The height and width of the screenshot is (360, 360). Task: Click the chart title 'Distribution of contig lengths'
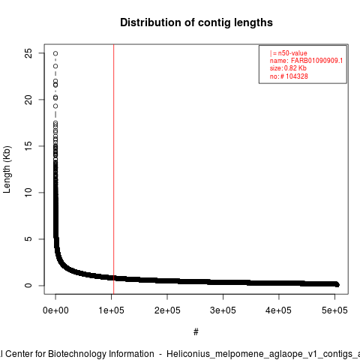point(196,22)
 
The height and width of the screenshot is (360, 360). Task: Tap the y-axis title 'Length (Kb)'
point(7,169)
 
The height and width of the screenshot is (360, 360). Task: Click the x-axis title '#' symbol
point(196,332)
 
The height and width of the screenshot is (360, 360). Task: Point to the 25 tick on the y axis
point(28,53)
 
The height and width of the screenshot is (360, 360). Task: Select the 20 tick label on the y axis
point(28,100)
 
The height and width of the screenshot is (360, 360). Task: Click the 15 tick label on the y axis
point(28,146)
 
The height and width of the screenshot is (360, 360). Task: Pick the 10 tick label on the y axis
point(28,193)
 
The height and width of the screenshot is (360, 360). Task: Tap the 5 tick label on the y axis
point(28,239)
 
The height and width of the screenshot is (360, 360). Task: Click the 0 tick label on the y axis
point(28,285)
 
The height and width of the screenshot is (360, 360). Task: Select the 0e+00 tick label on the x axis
point(55,310)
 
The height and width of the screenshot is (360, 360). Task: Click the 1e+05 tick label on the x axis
point(111,310)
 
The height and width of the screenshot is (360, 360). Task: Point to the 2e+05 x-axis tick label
point(167,310)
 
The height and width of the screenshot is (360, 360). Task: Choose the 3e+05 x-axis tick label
point(223,310)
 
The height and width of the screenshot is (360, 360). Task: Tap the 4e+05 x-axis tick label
point(279,310)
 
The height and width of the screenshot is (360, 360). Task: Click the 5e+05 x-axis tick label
point(334,310)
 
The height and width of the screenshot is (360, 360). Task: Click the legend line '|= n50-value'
point(288,53)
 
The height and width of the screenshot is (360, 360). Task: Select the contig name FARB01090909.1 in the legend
point(316,61)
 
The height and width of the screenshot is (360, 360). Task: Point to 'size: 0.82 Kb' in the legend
point(288,68)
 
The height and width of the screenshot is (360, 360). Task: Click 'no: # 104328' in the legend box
point(289,76)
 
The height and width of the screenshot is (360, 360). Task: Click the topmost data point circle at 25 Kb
point(55,53)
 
